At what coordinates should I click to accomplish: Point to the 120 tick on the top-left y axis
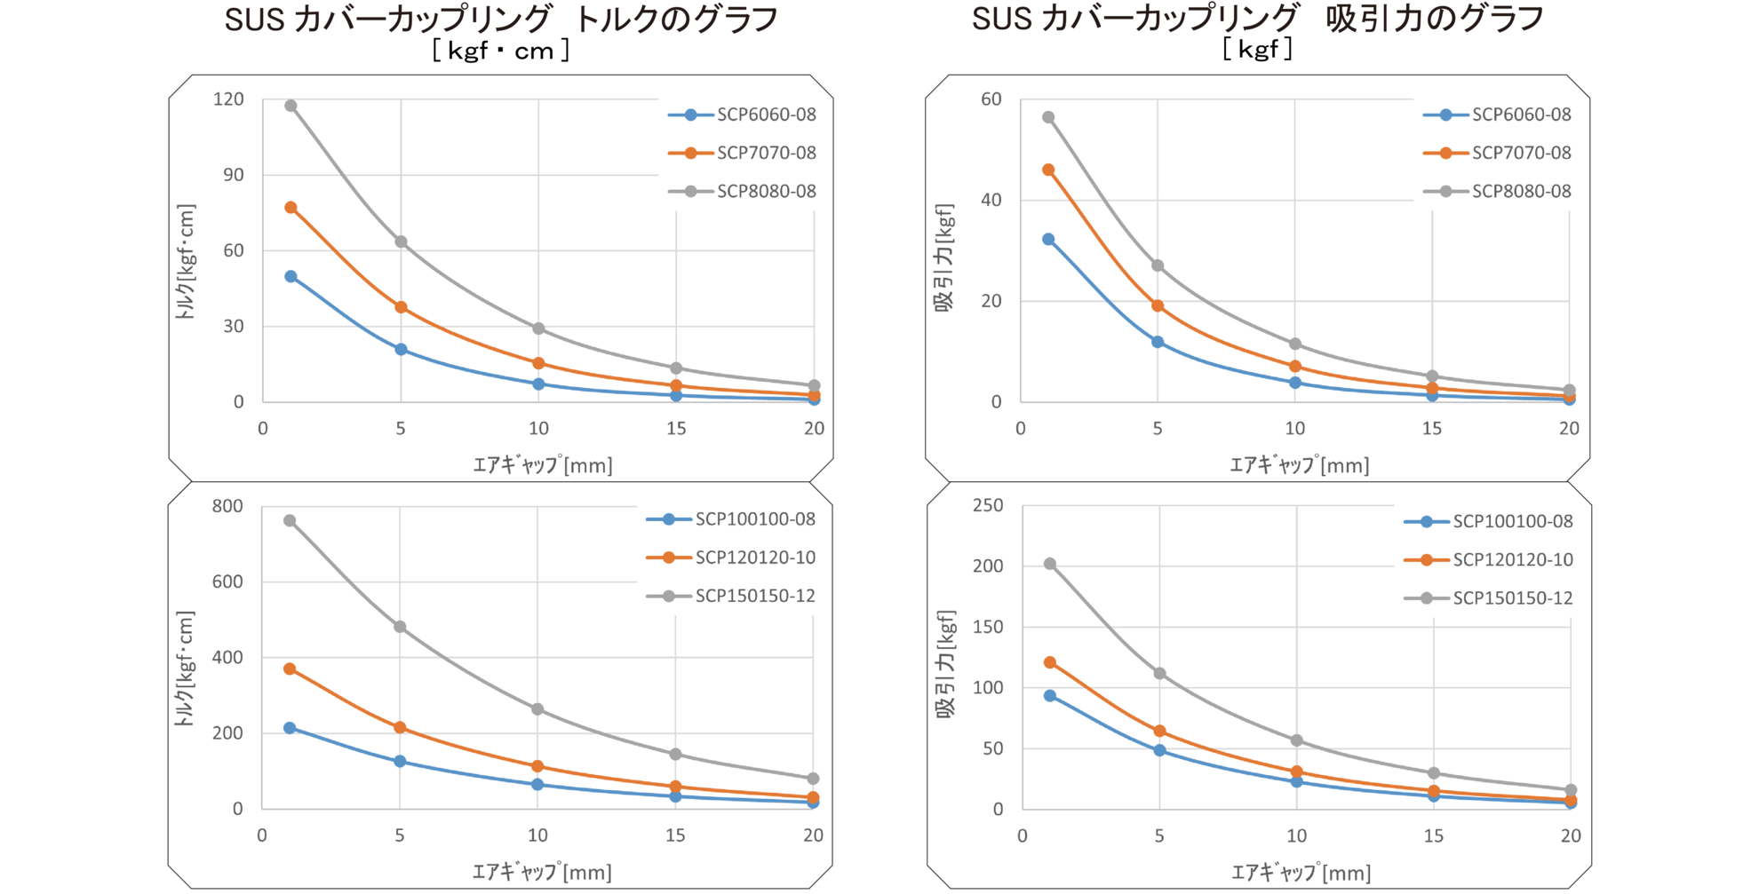coord(228,99)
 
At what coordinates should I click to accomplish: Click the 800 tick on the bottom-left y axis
coord(227,506)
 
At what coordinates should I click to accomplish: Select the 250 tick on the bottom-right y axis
coord(988,506)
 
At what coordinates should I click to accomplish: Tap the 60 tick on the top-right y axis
coord(991,99)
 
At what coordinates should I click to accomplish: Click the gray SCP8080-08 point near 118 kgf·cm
coord(291,106)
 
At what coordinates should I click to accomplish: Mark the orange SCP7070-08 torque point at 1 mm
coord(291,208)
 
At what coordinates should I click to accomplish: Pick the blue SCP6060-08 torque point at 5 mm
coord(401,350)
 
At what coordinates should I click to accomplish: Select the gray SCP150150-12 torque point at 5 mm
coord(400,627)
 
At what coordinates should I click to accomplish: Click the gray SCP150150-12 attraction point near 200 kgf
coord(1050,564)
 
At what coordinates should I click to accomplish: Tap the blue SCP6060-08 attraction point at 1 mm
coord(1048,240)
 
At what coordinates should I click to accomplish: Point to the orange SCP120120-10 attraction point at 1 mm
coord(1050,662)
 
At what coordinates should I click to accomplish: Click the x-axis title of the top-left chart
coord(542,464)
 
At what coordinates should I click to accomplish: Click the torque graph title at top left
coord(501,20)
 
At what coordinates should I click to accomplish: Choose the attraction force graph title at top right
coord(1257,20)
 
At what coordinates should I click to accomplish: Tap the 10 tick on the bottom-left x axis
coord(537,835)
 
